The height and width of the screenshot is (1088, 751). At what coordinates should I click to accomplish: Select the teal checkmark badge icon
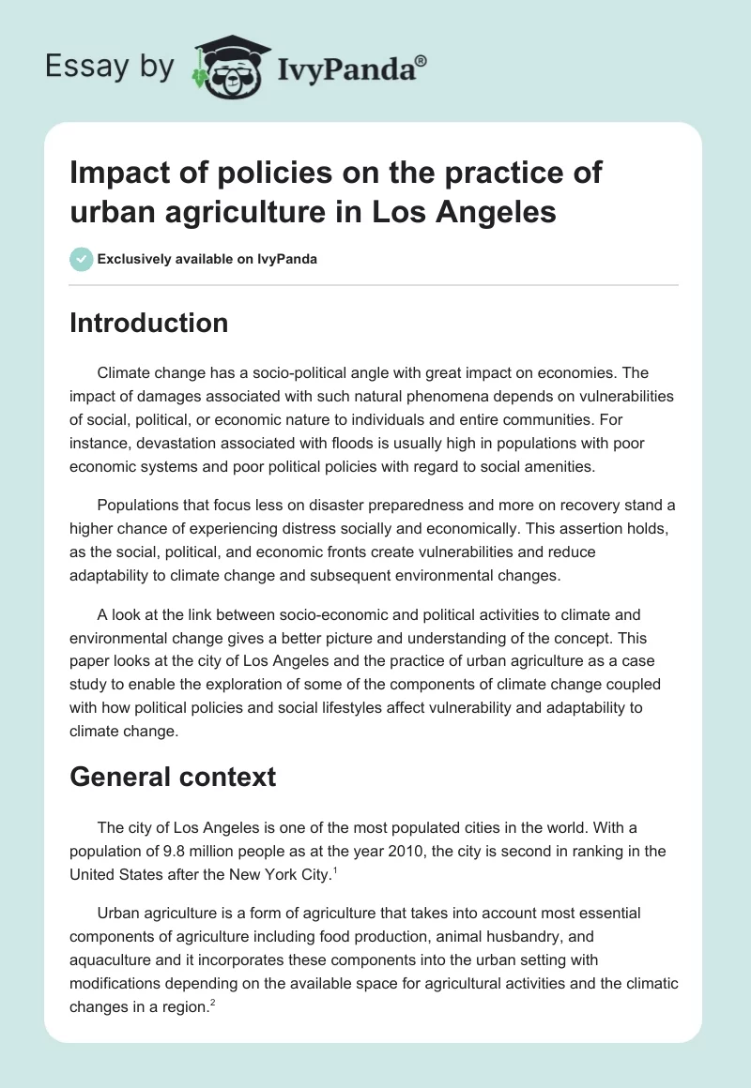point(81,259)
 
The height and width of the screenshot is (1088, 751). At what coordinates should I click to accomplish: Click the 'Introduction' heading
point(149,323)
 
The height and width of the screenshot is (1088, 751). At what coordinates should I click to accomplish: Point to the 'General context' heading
point(173,777)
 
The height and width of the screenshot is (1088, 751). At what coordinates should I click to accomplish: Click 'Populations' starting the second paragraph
point(142,505)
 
